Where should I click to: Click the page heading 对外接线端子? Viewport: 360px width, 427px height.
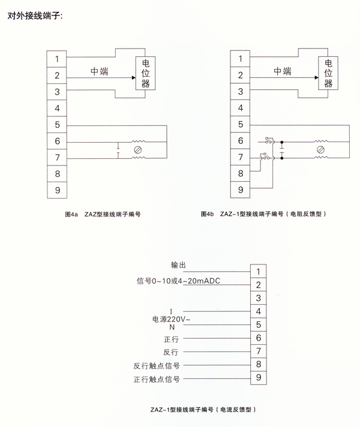click(35, 16)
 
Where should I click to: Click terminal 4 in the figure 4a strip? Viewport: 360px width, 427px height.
click(57, 108)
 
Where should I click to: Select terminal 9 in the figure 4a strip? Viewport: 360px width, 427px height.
click(57, 190)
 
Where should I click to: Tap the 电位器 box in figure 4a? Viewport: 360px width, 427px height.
click(146, 73)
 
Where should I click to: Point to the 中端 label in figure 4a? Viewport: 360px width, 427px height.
click(100, 71)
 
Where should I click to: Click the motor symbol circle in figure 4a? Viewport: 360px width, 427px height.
click(138, 150)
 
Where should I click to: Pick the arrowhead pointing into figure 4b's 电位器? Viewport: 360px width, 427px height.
click(316, 77)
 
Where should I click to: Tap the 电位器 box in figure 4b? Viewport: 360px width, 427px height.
click(328, 73)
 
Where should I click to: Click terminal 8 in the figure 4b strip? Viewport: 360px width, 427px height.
click(240, 173)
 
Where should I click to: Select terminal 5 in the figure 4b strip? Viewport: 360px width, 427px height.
click(240, 125)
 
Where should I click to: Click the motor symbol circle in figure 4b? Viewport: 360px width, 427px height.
click(320, 149)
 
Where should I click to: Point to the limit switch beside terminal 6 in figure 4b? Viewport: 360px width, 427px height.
click(269, 141)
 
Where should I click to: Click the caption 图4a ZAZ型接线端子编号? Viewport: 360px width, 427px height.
click(103, 214)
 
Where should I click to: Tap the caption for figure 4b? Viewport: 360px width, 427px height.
click(263, 214)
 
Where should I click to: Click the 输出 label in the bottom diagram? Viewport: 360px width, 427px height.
click(178, 264)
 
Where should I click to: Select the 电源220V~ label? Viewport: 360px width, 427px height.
click(171, 319)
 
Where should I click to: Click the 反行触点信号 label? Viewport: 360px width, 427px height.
click(157, 366)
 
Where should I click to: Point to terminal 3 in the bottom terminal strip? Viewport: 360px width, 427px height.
click(259, 298)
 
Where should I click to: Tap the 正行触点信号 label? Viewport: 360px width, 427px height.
click(157, 379)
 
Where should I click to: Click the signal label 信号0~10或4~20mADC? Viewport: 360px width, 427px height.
click(178, 281)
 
